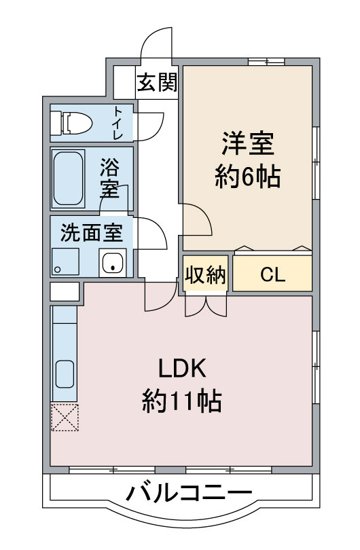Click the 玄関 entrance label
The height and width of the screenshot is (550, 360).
158,83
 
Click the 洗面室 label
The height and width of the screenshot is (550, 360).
92,233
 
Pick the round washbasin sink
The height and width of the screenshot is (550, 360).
112,262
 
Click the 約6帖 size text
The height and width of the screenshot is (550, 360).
247,178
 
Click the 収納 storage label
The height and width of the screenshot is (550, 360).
206,275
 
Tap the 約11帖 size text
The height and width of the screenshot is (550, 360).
182,403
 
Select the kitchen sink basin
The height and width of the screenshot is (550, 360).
65,373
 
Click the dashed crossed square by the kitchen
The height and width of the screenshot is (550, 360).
65,417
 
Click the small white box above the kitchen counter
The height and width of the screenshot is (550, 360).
65,293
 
